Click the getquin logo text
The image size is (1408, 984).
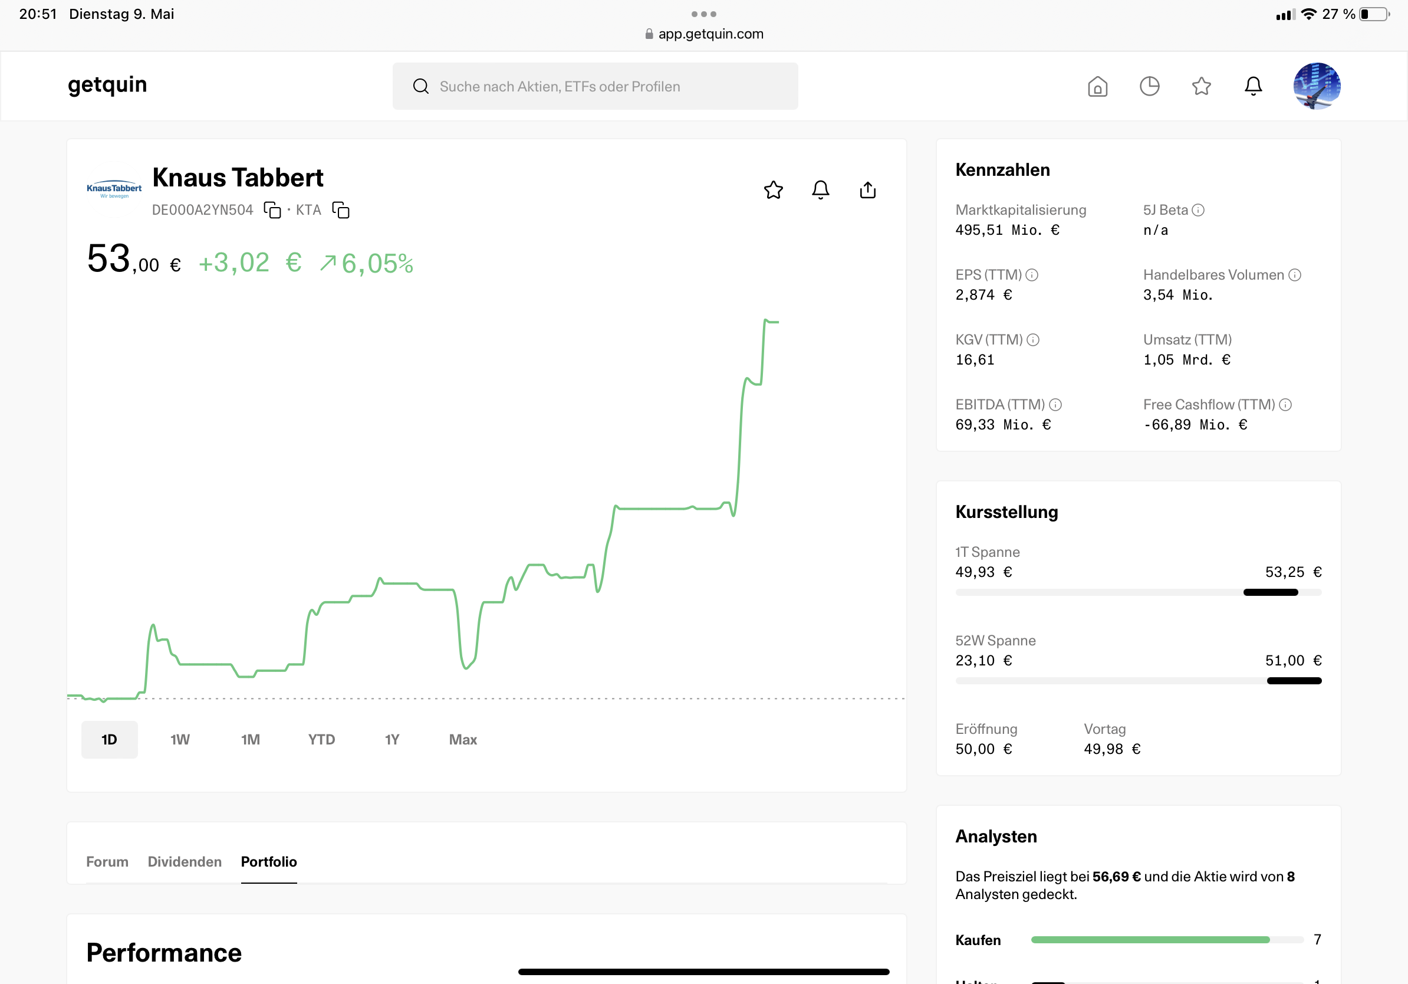(x=107, y=85)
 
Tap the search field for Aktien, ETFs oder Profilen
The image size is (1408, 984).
(x=595, y=86)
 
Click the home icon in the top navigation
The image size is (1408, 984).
(x=1097, y=87)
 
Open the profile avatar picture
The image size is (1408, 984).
(x=1317, y=86)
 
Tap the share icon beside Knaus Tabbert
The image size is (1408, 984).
(x=867, y=189)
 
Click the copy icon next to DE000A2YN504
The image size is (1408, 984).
(x=272, y=210)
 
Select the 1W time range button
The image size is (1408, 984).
(x=180, y=739)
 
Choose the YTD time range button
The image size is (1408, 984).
(x=321, y=739)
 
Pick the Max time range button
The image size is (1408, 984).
(x=463, y=739)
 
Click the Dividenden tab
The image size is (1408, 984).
(x=185, y=861)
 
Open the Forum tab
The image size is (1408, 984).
(x=107, y=861)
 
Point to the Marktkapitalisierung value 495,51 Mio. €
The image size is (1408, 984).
(x=1007, y=230)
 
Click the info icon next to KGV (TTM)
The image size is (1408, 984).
(x=1032, y=340)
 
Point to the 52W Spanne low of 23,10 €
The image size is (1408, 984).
(x=983, y=661)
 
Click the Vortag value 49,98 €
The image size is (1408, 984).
(x=1112, y=749)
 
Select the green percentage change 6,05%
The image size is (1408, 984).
(x=377, y=263)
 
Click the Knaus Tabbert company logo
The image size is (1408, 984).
(x=114, y=189)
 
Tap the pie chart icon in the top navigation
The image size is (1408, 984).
(x=1149, y=87)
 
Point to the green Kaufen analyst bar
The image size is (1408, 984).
(x=1150, y=939)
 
